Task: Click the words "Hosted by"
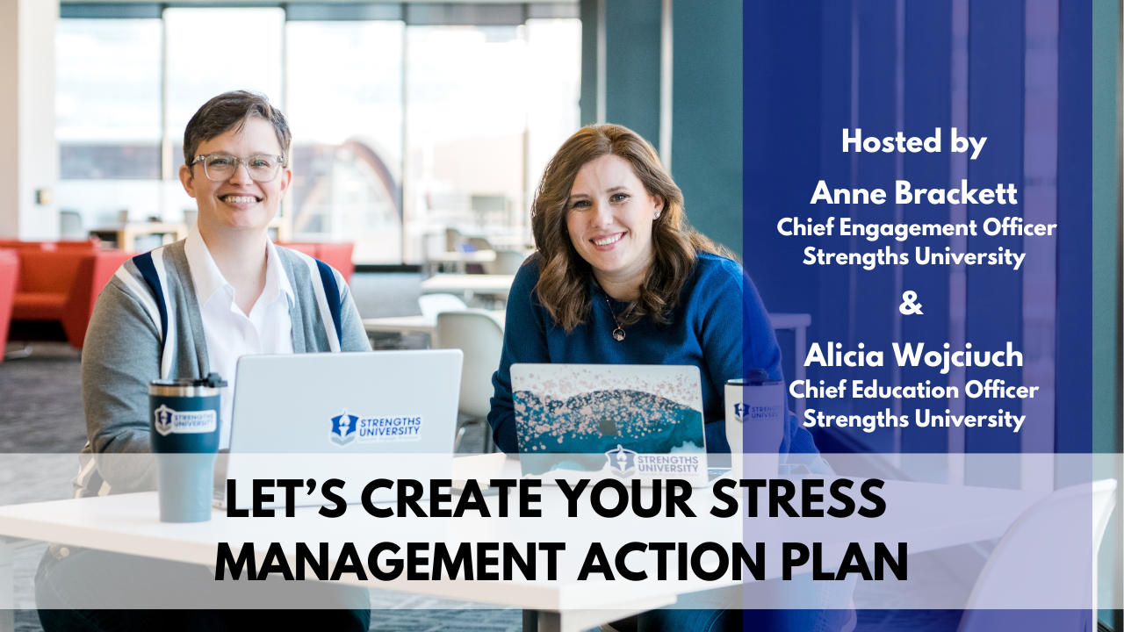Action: pos(914,142)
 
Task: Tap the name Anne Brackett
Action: pos(914,193)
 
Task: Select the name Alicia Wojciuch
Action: pos(913,355)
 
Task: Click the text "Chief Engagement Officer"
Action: pos(917,228)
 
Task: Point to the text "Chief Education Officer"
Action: pos(914,391)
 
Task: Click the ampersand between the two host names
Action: pos(911,305)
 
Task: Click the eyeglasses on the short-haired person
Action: pos(238,167)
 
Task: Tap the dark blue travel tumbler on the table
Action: pos(185,449)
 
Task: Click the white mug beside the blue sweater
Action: pos(753,421)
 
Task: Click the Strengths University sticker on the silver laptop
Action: pos(375,427)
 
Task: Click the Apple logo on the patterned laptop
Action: pos(608,427)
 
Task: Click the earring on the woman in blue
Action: pos(658,215)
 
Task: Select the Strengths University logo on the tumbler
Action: pos(185,420)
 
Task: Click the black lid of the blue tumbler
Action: pos(188,380)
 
